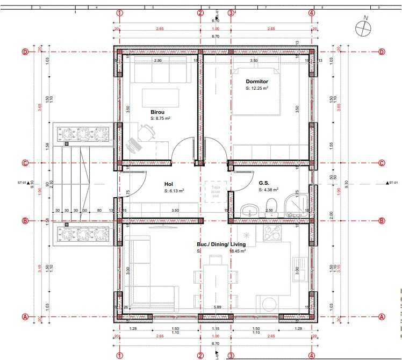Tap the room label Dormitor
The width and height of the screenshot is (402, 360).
[257, 81]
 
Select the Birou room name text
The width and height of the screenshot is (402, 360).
[157, 112]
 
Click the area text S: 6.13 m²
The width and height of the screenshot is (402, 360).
[174, 191]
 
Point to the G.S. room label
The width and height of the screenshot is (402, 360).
[263, 183]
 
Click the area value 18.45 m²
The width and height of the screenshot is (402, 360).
[238, 251]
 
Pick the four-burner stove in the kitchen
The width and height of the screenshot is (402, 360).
[271, 232]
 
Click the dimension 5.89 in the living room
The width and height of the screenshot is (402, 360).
[218, 307]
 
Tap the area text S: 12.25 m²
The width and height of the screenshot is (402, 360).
[257, 88]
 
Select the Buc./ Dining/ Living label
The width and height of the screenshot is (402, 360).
[221, 244]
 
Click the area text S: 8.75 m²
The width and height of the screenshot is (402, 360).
[160, 118]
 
